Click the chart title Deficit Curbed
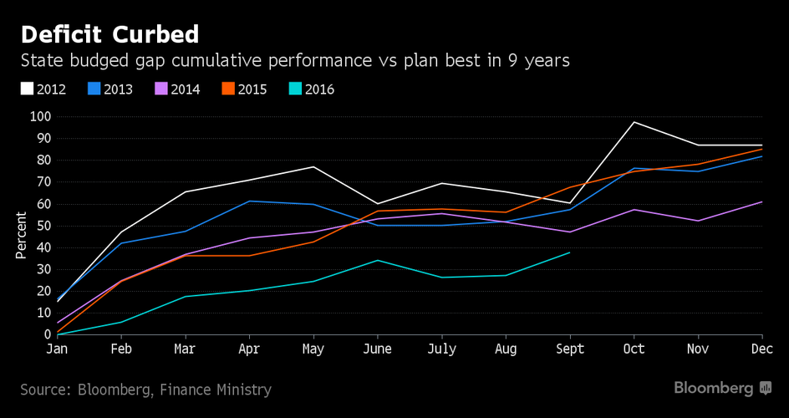[109, 34]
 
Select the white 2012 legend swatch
[27, 89]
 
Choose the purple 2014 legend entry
[177, 89]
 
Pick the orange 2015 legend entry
[244, 89]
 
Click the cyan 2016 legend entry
[311, 89]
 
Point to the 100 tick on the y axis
[39, 116]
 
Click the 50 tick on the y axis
[43, 226]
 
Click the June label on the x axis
[379, 349]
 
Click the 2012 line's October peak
[634, 122]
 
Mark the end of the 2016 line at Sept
[569, 252]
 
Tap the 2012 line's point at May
[313, 167]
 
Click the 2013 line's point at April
[248, 201]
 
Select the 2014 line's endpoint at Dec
[761, 201]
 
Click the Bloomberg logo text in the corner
[714, 389]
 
